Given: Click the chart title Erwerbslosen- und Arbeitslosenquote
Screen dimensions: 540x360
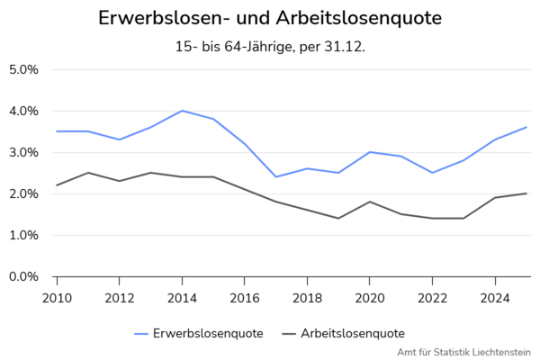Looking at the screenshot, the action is (x=270, y=18).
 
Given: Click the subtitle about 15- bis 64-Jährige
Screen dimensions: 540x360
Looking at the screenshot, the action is (x=270, y=47).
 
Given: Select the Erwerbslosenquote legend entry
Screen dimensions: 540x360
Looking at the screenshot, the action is (x=199, y=334).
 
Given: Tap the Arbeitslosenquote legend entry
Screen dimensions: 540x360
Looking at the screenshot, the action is (x=344, y=334).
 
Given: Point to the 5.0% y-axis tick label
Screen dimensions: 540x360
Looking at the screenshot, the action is (x=23, y=69).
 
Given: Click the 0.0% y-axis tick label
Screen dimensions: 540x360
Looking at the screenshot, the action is (x=23, y=276).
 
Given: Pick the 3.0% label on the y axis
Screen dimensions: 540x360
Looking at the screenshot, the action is (x=23, y=152).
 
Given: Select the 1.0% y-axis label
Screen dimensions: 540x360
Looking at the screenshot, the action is (x=23, y=235).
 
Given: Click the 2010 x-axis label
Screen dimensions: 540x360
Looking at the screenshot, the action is (x=57, y=298).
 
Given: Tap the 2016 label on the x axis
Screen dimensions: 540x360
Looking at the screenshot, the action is (x=245, y=298).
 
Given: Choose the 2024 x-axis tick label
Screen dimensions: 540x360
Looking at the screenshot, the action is (x=495, y=298).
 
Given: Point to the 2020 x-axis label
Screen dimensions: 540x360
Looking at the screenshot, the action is (x=370, y=298).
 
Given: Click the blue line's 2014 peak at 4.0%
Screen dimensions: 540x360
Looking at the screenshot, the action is (x=182, y=111).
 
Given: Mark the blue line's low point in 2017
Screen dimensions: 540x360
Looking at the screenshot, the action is (x=276, y=176).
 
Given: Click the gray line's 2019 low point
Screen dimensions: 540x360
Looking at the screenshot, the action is (x=338, y=218).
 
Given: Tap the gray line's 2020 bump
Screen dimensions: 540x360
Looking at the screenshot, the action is (x=370, y=202).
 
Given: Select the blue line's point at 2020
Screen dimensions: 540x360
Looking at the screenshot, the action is (x=370, y=152).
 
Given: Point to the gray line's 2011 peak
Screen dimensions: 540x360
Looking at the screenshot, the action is (x=88, y=173).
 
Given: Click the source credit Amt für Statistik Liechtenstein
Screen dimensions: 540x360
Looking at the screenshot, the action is (x=463, y=352).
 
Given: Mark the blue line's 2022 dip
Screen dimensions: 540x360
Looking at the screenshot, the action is (x=432, y=173).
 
